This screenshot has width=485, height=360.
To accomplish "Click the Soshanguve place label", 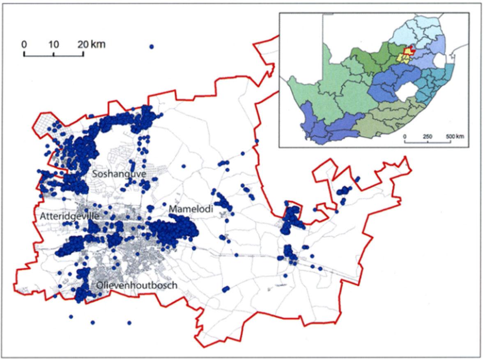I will point(119,174).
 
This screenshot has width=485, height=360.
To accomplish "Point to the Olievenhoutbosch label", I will point(137,285).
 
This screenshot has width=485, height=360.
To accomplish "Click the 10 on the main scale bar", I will point(54,44).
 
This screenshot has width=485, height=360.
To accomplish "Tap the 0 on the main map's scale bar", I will point(24,44).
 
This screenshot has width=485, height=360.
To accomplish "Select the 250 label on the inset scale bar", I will point(428,136).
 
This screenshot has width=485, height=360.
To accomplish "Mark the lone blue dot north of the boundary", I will point(152,47).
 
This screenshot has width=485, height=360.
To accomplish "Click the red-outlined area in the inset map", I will point(407,52).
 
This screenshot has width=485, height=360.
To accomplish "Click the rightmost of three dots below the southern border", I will point(129,323).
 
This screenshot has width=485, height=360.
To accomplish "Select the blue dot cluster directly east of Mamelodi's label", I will point(224,203).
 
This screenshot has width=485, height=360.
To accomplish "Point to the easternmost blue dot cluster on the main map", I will point(344,191).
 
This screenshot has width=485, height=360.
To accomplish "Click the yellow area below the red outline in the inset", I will point(403,59).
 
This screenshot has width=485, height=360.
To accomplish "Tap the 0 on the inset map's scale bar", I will point(405,136).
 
